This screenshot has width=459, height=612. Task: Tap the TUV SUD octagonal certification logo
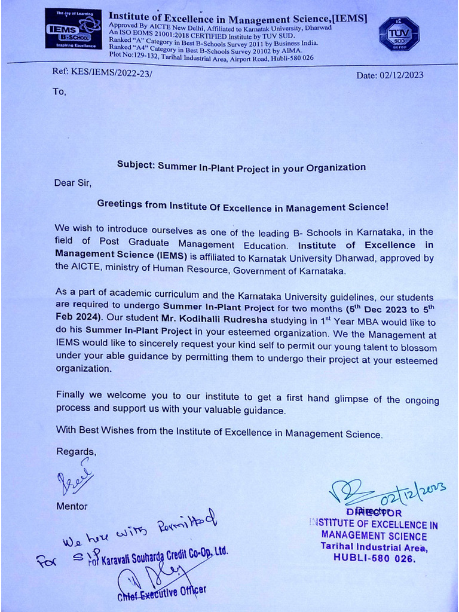[399, 33]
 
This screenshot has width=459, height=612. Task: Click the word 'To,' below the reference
[60, 92]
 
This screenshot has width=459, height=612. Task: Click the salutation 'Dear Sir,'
[73, 183]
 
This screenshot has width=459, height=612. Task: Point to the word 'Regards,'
[76, 451]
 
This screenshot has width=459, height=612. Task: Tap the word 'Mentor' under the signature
[72, 506]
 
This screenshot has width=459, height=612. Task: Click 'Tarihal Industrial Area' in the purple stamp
[374, 547]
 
